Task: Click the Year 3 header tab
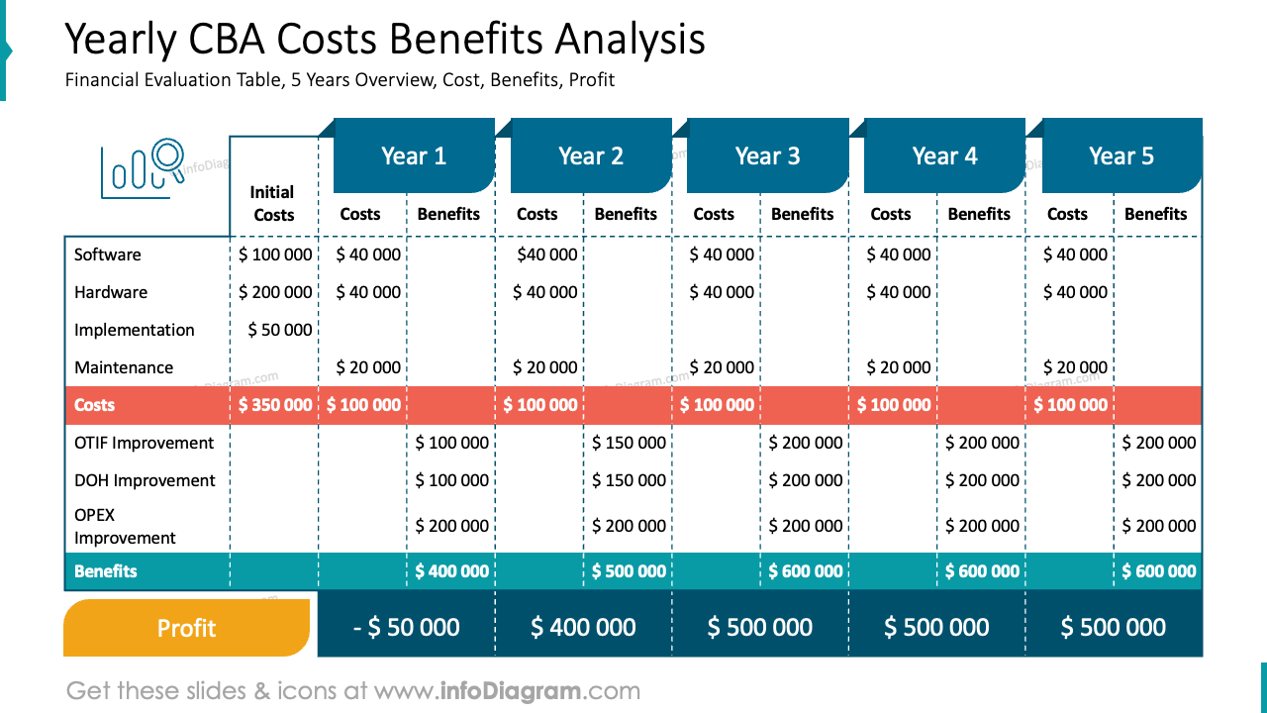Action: (x=767, y=155)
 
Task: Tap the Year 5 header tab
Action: (x=1121, y=155)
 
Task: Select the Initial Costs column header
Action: (x=273, y=204)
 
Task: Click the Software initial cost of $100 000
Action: (x=275, y=255)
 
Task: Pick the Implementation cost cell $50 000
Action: (x=280, y=330)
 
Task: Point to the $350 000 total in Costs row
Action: (x=275, y=405)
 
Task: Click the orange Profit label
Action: (x=187, y=628)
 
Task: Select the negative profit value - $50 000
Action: (x=406, y=627)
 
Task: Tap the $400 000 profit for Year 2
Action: (x=583, y=627)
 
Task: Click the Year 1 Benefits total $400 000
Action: (x=452, y=571)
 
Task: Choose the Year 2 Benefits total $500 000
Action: (x=629, y=571)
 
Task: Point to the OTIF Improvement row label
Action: (x=144, y=443)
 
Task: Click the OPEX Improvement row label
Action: (x=125, y=526)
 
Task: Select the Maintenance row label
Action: (x=124, y=367)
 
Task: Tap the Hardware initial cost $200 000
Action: (x=275, y=292)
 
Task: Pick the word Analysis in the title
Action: (x=630, y=40)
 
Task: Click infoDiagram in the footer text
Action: (x=510, y=691)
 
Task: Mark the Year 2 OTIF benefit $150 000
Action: (x=629, y=443)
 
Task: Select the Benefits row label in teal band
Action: (x=105, y=571)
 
